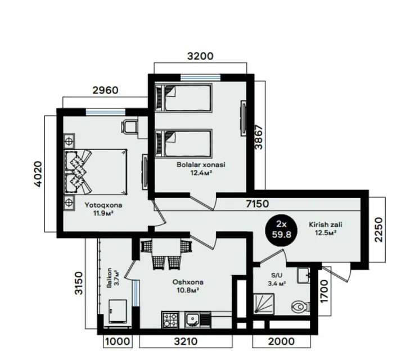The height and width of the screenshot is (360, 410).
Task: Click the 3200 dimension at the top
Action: (200, 56)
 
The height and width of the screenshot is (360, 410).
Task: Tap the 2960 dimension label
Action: (105, 90)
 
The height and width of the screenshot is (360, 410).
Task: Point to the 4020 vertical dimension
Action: (38, 174)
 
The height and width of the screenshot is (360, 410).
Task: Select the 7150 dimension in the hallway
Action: (257, 204)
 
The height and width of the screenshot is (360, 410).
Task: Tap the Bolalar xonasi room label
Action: (201, 165)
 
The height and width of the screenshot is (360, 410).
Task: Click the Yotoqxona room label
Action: (103, 205)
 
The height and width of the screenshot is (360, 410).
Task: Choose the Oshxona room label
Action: (188, 282)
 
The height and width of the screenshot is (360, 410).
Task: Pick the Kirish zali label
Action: (326, 224)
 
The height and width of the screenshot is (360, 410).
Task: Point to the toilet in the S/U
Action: (300, 307)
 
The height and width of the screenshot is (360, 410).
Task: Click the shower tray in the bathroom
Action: (264, 304)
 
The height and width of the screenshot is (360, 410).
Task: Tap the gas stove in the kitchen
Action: (170, 319)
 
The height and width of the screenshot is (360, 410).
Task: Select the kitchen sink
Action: (193, 319)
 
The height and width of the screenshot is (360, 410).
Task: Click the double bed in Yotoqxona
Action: (96, 172)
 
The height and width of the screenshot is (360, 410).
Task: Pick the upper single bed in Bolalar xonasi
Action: (183, 98)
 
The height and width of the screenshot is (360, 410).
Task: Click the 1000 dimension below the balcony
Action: (118, 341)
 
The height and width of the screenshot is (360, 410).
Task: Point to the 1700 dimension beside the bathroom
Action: (325, 291)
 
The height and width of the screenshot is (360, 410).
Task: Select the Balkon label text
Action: (109, 278)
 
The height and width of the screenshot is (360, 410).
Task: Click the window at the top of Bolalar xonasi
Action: (201, 78)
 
